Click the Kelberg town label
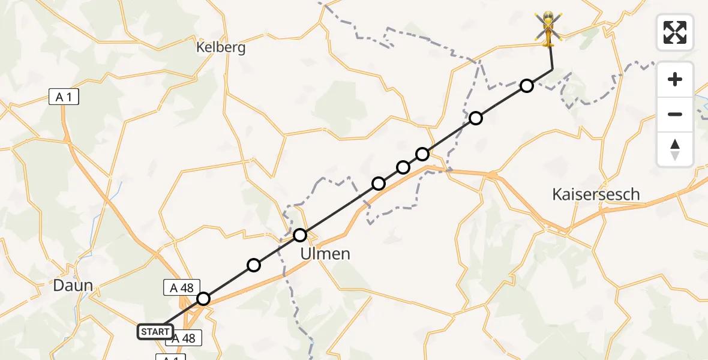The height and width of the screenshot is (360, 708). click(221, 47)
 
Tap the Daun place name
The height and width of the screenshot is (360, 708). click(73, 285)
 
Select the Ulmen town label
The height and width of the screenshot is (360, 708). click(325, 254)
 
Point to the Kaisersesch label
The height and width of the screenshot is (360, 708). click(595, 194)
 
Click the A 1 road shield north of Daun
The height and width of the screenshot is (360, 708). click(64, 97)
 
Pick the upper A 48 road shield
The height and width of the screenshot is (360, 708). click(181, 288)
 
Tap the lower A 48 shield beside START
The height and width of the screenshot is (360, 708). click(184, 338)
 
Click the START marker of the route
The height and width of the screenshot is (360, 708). click(155, 331)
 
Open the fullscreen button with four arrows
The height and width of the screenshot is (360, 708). click(675, 32)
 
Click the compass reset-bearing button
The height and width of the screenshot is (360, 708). click(675, 149)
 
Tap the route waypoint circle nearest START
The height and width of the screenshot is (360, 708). click(203, 299)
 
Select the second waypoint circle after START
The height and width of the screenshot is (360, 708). click(254, 265)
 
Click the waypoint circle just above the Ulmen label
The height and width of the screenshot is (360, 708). click(300, 235)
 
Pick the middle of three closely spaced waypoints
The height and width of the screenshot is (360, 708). click(403, 167)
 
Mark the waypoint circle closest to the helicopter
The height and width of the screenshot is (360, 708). click(526, 86)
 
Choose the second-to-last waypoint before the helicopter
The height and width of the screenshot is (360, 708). click(475, 118)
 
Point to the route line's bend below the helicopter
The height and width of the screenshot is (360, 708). click(552, 70)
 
